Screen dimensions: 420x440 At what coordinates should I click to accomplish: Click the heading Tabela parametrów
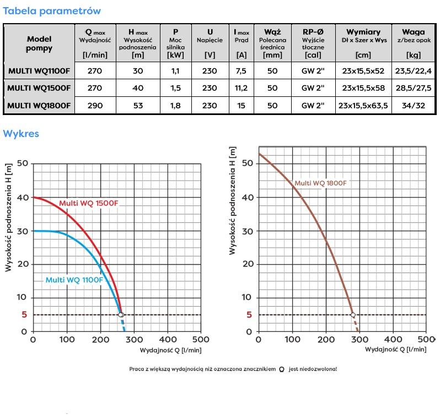click(x=52, y=11)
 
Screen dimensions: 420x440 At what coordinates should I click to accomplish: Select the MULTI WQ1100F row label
click(x=39, y=70)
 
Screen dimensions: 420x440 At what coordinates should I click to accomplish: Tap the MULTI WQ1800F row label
click(x=39, y=106)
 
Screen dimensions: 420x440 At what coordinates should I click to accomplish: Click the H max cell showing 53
click(x=137, y=106)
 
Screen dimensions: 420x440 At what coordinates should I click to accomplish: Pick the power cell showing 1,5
click(x=175, y=88)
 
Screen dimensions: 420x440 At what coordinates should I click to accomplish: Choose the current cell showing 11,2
click(x=241, y=88)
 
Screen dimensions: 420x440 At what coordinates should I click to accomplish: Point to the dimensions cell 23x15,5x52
click(x=363, y=70)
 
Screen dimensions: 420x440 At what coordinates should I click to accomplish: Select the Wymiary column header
click(x=363, y=32)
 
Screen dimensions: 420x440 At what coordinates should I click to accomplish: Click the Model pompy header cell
click(x=39, y=43)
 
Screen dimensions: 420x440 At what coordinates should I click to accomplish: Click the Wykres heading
click(x=21, y=134)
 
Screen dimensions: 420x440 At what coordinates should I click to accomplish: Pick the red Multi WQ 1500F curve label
click(x=89, y=204)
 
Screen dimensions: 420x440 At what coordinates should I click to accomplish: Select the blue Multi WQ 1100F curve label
click(x=74, y=280)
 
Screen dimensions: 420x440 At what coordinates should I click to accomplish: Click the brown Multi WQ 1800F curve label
click(x=320, y=183)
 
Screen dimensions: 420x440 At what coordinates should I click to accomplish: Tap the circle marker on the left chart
click(x=121, y=315)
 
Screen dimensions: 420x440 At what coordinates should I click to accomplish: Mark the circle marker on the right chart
click(x=353, y=315)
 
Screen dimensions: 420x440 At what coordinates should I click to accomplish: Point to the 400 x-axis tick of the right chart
click(x=393, y=340)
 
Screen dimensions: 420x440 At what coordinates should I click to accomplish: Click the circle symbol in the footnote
click(x=282, y=369)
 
